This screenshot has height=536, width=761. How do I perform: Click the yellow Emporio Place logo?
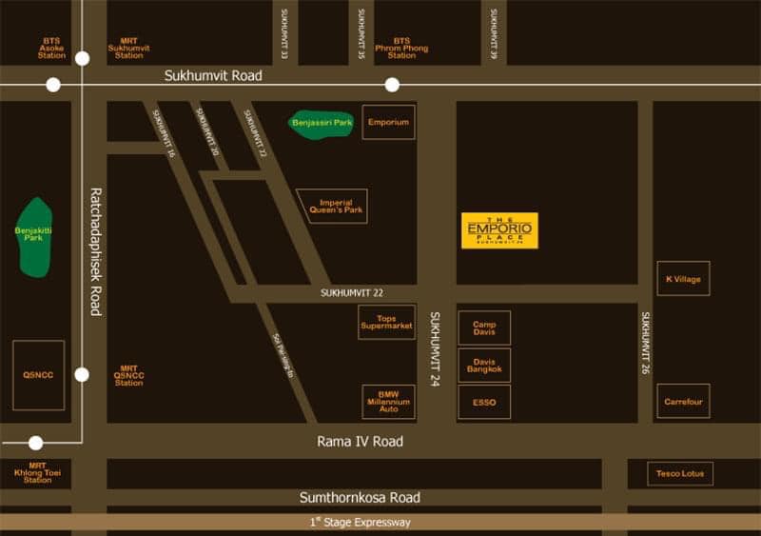(499, 230)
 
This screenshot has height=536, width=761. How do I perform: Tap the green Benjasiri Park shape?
(321, 124)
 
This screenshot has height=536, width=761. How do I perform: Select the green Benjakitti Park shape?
(36, 238)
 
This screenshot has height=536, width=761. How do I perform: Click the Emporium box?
(388, 122)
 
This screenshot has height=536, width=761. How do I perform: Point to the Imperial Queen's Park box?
(333, 206)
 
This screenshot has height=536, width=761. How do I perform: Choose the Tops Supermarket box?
(386, 322)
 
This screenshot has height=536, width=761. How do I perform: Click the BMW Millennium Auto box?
(388, 402)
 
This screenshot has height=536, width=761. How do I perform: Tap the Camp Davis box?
(484, 328)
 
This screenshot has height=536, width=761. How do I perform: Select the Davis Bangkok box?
(484, 365)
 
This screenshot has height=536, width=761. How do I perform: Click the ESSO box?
(484, 402)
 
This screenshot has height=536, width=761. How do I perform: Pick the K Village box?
(683, 278)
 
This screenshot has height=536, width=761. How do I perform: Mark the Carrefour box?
(683, 401)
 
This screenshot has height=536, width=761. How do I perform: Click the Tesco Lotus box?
(680, 473)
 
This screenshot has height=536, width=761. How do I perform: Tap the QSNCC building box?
(38, 375)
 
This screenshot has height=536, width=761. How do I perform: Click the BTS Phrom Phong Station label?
(401, 48)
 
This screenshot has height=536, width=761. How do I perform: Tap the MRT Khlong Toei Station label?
(38, 472)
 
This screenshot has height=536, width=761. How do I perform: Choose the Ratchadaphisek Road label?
(95, 251)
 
